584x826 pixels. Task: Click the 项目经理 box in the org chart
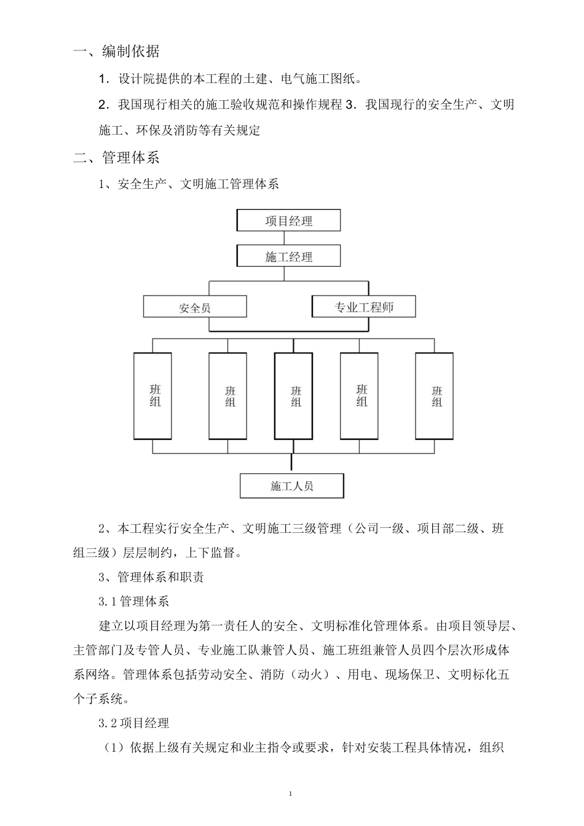288,221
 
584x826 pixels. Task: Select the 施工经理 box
288,256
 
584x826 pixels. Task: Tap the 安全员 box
195,307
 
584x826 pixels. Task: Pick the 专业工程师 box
363,307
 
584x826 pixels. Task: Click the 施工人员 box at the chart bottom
291,486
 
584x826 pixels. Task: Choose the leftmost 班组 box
153,396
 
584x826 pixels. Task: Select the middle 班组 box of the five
294,396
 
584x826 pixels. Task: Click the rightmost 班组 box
435,396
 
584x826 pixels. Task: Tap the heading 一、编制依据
116,52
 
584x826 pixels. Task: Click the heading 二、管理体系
116,158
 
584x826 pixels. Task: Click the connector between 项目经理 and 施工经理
288,238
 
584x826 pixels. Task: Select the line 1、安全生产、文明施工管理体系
189,184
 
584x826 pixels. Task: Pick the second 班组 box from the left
228,396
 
